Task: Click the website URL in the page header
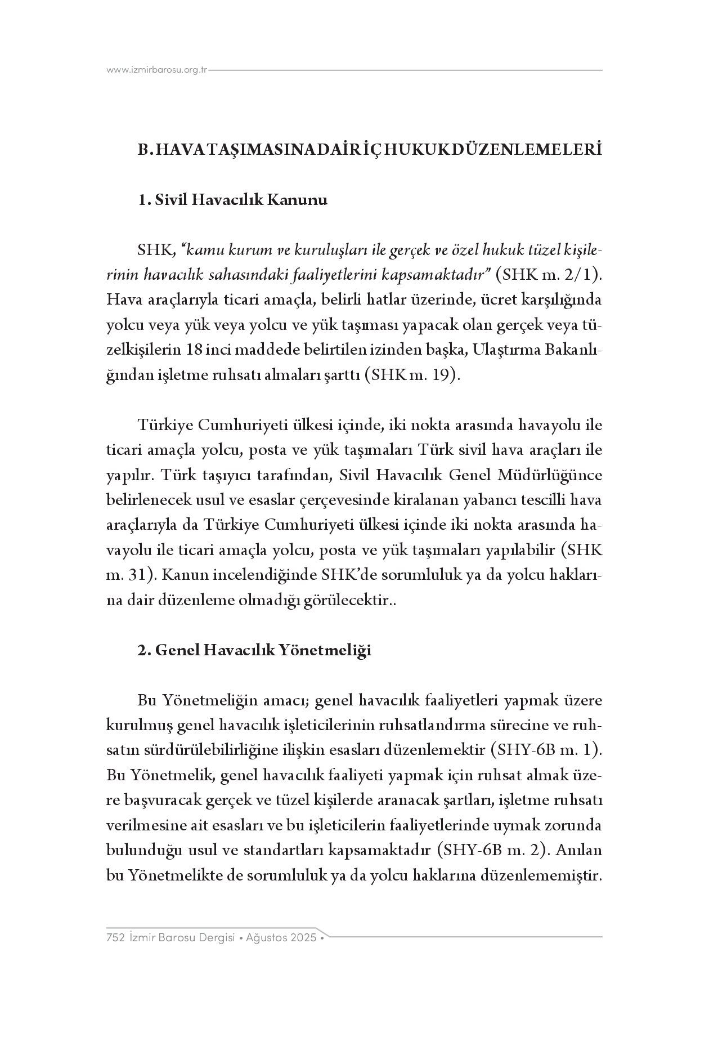pyautogui.click(x=157, y=70)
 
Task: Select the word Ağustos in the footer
pyautogui.click(x=268, y=938)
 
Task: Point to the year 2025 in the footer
pyautogui.click(x=304, y=938)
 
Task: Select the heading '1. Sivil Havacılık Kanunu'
pyautogui.click(x=232, y=200)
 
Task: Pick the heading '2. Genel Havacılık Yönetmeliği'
pyautogui.click(x=254, y=650)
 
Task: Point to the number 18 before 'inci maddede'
pyautogui.click(x=193, y=350)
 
